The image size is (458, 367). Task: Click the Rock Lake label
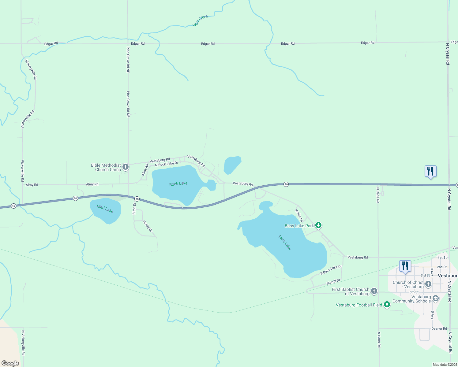178,184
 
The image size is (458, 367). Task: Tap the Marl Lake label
105,209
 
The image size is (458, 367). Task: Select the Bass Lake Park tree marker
318,225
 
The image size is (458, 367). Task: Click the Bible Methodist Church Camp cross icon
125,167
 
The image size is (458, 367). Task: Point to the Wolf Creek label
200,21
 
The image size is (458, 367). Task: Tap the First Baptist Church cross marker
374,291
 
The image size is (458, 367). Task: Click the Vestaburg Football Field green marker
387,305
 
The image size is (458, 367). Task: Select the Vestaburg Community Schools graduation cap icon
435,298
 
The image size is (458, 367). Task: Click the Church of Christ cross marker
428,284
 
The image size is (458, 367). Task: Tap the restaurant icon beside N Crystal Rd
430,171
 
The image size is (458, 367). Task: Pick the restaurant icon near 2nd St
405,266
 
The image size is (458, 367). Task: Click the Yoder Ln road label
299,216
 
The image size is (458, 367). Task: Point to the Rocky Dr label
148,226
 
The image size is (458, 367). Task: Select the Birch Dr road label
134,208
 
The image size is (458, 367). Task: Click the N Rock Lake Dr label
167,164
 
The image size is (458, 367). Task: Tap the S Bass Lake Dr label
331,270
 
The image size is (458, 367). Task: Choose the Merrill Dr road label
333,282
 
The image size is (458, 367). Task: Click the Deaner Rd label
439,328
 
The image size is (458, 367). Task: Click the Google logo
10,363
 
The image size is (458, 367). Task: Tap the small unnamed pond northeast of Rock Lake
232,165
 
